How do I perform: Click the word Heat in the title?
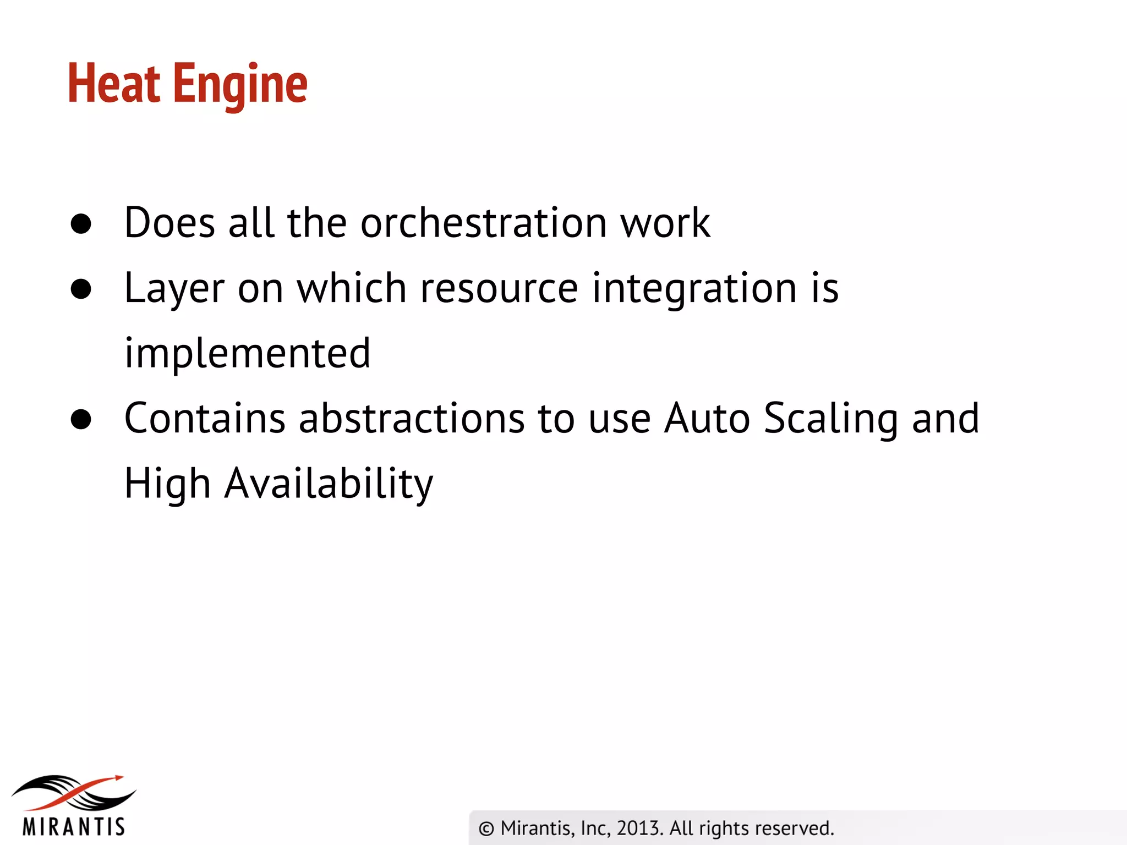pyautogui.click(x=114, y=84)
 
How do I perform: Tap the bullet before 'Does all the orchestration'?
pyautogui.click(x=81, y=224)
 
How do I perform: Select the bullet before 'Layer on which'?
pyautogui.click(x=81, y=289)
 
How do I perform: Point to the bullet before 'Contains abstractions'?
pyautogui.click(x=81, y=419)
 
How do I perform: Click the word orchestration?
pyautogui.click(x=483, y=223)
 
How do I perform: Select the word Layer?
pyautogui.click(x=174, y=289)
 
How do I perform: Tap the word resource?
pyautogui.click(x=499, y=289)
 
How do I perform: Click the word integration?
pyautogui.click(x=694, y=289)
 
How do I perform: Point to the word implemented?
pyautogui.click(x=247, y=353)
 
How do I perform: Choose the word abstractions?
pyautogui.click(x=411, y=418)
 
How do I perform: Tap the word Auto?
pyautogui.click(x=707, y=418)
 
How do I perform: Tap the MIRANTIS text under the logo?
pyautogui.click(x=74, y=827)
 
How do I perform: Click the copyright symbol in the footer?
pyautogui.click(x=486, y=828)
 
